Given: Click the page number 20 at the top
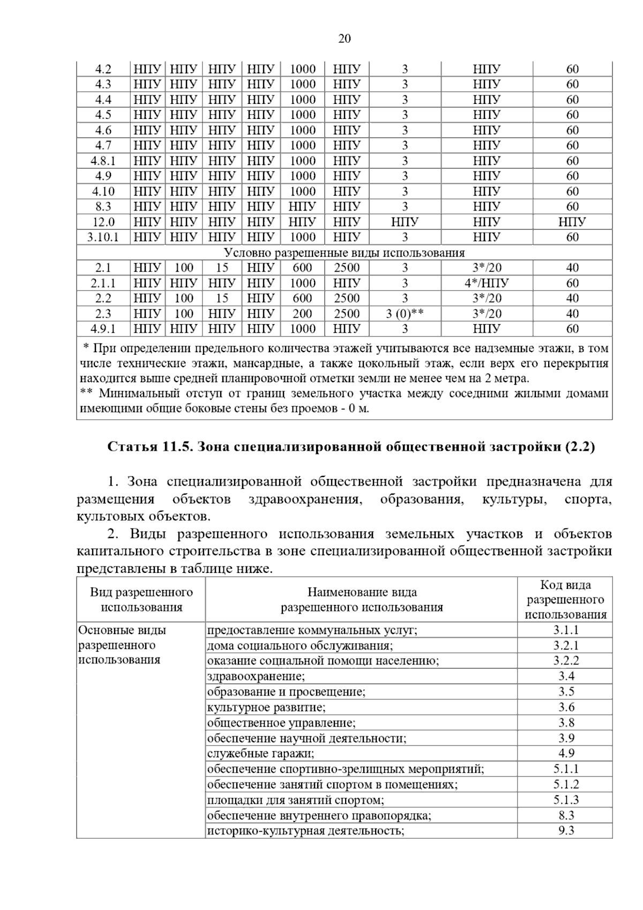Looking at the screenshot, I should [x=345, y=39].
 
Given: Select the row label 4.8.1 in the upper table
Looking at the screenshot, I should [x=103, y=161].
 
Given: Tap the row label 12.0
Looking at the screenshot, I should [x=103, y=222].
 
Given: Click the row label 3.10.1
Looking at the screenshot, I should [x=103, y=237].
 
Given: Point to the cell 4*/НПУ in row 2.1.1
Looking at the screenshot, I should [x=487, y=283].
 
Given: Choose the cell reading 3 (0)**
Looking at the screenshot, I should [x=405, y=314].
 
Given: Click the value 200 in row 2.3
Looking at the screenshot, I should [x=302, y=314].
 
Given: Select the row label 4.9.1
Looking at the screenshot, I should [x=103, y=329].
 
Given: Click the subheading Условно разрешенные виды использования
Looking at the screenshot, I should [x=344, y=252].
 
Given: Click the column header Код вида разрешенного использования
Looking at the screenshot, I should [x=565, y=600].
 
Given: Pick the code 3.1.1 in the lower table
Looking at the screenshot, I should [x=566, y=630].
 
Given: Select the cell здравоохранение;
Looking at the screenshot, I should [x=256, y=676].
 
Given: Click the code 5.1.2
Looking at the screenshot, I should [x=566, y=784].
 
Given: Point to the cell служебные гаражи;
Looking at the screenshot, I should [x=260, y=754].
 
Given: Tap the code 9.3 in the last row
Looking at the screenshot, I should [x=566, y=831].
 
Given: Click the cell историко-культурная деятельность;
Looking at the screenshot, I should [x=305, y=831].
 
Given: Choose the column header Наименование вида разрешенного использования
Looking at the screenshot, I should [x=362, y=600].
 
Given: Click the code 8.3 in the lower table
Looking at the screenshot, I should [x=566, y=815].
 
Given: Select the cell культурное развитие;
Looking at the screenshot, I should [x=266, y=707].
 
